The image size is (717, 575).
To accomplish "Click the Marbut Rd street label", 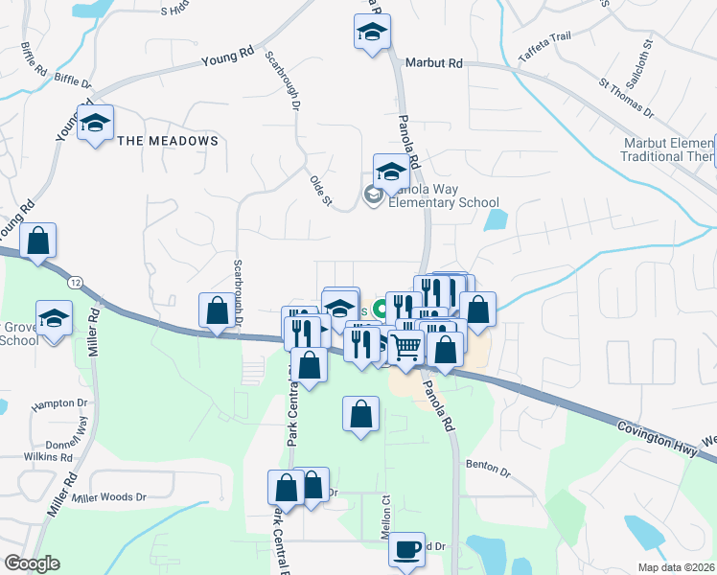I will (434, 62).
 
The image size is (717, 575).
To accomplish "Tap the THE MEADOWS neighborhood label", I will (168, 141).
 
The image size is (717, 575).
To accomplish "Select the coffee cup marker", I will (407, 549).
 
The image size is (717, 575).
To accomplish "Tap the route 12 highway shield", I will (74, 283).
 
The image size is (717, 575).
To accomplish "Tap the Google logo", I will (32, 563).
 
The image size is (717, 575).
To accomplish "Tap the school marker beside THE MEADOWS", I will (96, 123).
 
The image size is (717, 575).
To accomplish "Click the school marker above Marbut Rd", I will (371, 34).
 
